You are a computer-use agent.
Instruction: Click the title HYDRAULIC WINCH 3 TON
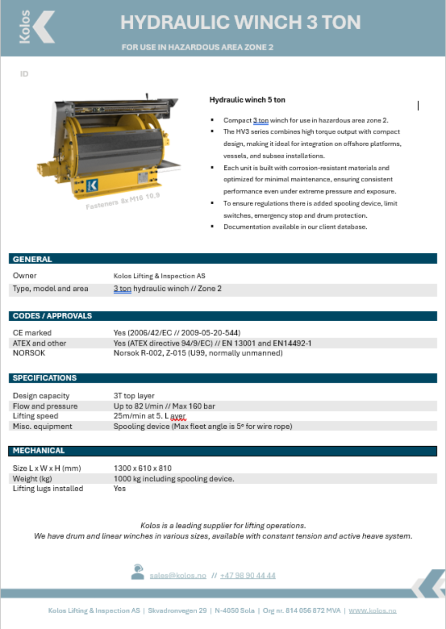[240, 22]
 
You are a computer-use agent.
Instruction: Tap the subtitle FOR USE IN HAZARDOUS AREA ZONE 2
[197, 48]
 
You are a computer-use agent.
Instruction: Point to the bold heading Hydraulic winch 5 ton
[247, 100]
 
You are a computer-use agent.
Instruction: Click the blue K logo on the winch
[92, 186]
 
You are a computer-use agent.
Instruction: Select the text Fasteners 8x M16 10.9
[123, 200]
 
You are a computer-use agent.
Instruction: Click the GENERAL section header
[32, 259]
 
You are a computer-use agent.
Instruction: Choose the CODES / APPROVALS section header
[52, 316]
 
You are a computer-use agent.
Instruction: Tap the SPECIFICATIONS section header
[45, 378]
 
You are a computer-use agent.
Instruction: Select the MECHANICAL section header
[39, 451]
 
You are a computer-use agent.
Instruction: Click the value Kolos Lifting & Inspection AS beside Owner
[159, 276]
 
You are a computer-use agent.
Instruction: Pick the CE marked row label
[32, 333]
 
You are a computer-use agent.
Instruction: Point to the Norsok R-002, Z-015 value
[198, 353]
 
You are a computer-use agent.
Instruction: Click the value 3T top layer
[134, 396]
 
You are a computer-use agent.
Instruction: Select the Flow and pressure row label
[45, 406]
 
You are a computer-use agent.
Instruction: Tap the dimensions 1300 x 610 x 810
[143, 468]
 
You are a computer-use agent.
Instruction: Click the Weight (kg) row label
[32, 478]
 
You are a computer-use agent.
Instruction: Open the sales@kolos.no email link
[177, 575]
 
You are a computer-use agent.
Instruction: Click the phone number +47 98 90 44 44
[248, 575]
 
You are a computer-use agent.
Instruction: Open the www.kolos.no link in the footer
[372, 611]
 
